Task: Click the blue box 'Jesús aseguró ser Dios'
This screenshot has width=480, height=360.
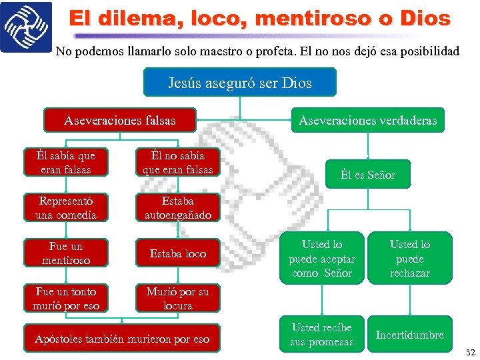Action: pyautogui.click(x=240, y=83)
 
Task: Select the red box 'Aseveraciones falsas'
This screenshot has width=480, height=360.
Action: pyautogui.click(x=120, y=121)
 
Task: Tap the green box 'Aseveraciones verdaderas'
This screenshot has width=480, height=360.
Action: pyautogui.click(x=367, y=121)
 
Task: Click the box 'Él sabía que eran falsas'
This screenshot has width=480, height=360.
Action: pyautogui.click(x=67, y=163)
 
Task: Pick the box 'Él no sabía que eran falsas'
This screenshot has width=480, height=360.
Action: pyautogui.click(x=178, y=163)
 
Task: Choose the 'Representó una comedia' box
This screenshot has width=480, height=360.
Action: pyautogui.click(x=67, y=208)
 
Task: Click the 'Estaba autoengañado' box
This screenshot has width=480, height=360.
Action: pyautogui.click(x=178, y=208)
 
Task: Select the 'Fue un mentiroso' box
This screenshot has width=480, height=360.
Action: pyautogui.click(x=67, y=253)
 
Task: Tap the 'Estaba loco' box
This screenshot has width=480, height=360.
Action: pyautogui.click(x=178, y=253)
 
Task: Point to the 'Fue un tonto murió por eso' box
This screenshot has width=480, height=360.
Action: pyautogui.click(x=67, y=299)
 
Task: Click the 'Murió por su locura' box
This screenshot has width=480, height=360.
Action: pyautogui.click(x=178, y=299)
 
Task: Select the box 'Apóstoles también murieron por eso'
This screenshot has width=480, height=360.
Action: pyautogui.click(x=122, y=339)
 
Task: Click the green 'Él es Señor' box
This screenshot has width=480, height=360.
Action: pyautogui.click(x=367, y=175)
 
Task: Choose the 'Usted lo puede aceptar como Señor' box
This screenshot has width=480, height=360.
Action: pyautogui.click(x=322, y=259)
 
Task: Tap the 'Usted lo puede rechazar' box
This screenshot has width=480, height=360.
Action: pyautogui.click(x=409, y=259)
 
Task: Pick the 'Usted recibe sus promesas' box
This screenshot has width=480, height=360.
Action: pyautogui.click(x=322, y=335)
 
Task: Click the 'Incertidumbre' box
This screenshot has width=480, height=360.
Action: pyautogui.click(x=409, y=335)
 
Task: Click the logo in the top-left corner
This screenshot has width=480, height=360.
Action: pyautogui.click(x=25, y=27)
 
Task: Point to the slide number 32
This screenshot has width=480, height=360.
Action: pyautogui.click(x=470, y=352)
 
